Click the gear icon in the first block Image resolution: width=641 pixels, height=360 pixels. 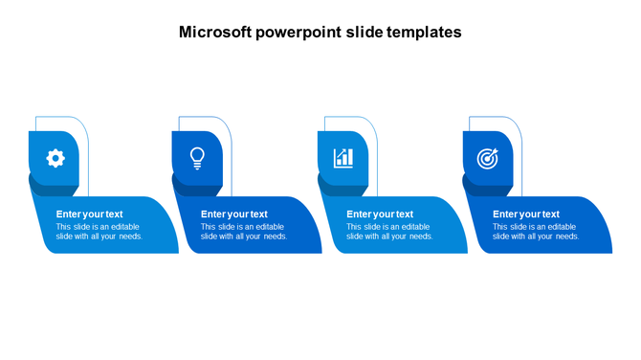point(55,158)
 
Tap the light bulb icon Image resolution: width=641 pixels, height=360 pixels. point(197,157)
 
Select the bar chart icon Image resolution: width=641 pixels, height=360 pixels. point(343,158)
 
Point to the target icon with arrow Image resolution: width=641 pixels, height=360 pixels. point(488,158)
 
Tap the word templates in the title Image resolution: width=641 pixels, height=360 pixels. point(424,32)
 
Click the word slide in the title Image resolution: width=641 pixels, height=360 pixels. point(364,32)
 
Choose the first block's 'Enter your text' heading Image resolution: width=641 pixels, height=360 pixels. point(89,214)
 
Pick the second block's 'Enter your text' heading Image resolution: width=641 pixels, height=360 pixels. point(234,214)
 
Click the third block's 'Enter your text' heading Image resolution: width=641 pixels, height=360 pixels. point(380,214)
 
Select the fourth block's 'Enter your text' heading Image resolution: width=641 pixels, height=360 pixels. point(526,214)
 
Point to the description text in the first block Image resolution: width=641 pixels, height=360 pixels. point(99,232)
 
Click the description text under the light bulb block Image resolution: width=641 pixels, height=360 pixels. point(244,232)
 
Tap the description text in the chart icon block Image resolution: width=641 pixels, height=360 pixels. point(389,232)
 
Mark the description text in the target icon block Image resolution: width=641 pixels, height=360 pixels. point(536,232)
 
